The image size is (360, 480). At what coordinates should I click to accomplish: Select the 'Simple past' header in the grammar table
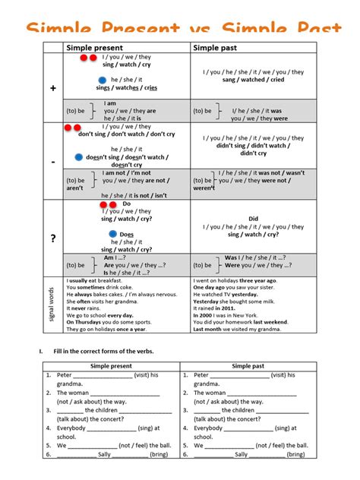pyautogui.click(x=217, y=48)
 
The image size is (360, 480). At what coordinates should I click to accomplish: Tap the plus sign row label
pyautogui.click(x=53, y=89)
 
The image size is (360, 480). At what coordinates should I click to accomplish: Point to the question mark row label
pyautogui.click(x=53, y=238)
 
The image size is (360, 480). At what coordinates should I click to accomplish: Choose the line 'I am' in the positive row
pyautogui.click(x=111, y=103)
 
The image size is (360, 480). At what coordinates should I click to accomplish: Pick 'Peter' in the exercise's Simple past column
pyautogui.click(x=201, y=375)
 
